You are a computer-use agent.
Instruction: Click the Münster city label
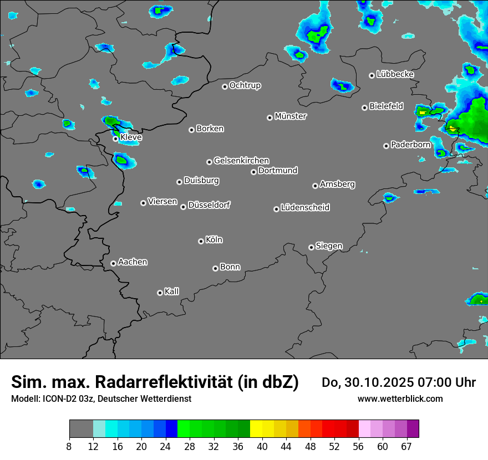tap(291, 116)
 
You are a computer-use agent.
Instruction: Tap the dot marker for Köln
tap(201, 241)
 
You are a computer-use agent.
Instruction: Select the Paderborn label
tap(411, 145)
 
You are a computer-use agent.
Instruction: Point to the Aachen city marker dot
tap(113, 263)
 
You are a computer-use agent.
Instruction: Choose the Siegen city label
tap(329, 246)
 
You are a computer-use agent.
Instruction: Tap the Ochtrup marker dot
tap(225, 86)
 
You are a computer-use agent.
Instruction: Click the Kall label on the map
tap(172, 292)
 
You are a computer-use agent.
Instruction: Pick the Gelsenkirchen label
tap(241, 161)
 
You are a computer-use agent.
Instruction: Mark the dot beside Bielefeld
tap(364, 108)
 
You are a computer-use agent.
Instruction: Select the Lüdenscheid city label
tap(305, 208)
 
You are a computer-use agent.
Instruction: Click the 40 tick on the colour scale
tap(262, 446)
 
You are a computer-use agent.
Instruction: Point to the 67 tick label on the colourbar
tap(406, 446)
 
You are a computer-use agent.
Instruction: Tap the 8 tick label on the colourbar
tap(69, 446)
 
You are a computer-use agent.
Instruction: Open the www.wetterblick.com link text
tap(400, 398)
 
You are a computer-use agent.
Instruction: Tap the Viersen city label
tap(162, 202)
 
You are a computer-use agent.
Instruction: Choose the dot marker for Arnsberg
tap(315, 186)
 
